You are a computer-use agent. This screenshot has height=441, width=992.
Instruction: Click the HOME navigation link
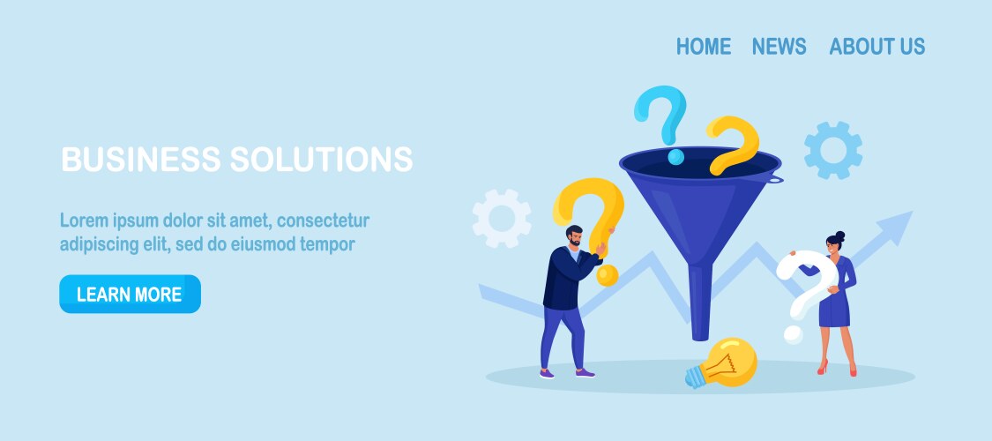click(x=704, y=46)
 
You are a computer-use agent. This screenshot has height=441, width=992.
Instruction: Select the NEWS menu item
click(x=779, y=46)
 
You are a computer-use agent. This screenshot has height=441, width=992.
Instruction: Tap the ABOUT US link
click(x=876, y=46)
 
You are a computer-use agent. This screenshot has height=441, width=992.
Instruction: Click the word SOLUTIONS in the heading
click(x=321, y=159)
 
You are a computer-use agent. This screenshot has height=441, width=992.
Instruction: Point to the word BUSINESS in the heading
click(x=141, y=159)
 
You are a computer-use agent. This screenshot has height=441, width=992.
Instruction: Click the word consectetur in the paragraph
click(x=324, y=220)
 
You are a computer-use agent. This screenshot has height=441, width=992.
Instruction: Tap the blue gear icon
click(x=833, y=150)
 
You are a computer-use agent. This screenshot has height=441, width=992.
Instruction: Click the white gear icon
click(x=502, y=218)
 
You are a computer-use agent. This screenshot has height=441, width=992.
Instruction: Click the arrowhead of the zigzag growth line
click(x=896, y=227)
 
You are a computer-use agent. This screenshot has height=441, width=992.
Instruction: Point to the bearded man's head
click(x=574, y=236)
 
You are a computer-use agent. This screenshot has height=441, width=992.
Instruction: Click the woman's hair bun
click(x=839, y=236)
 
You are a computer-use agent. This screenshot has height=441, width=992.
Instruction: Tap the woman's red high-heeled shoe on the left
click(x=823, y=367)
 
